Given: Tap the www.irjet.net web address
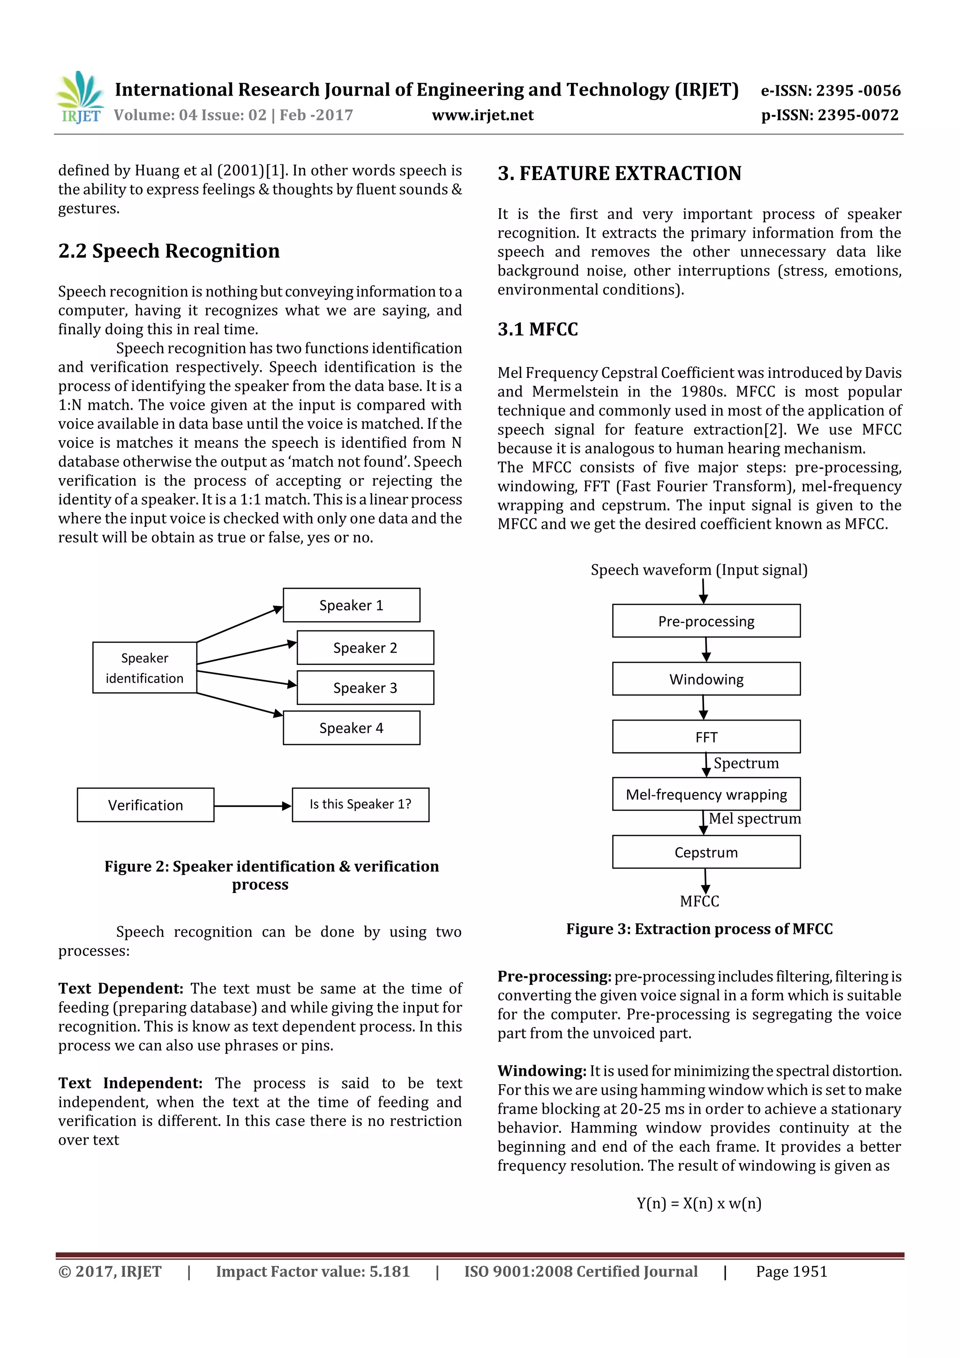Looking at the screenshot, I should click(x=483, y=115).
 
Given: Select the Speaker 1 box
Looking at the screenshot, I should click(x=352, y=605).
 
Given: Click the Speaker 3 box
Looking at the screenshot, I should click(x=365, y=688).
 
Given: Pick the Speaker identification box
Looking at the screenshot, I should click(x=144, y=668).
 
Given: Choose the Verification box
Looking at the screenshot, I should click(x=145, y=805).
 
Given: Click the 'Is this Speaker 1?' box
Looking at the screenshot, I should click(x=360, y=804).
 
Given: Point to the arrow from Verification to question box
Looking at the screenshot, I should click(x=253, y=806).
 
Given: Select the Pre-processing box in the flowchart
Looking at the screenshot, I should click(x=706, y=621).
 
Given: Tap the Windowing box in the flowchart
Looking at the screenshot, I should click(x=706, y=679).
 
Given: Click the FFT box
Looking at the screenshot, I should click(x=706, y=737).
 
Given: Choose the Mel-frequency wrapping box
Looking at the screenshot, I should click(x=706, y=795).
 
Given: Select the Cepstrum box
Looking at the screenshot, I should click(x=706, y=852).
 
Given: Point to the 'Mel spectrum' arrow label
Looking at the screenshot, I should click(x=755, y=818).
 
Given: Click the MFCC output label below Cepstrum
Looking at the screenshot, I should click(x=699, y=901).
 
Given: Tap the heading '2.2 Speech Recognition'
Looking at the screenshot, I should click(x=169, y=251).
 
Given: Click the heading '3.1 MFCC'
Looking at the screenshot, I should click(x=538, y=329).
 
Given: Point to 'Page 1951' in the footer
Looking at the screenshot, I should click(x=791, y=1272).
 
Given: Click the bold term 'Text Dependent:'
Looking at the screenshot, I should click(x=120, y=988).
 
